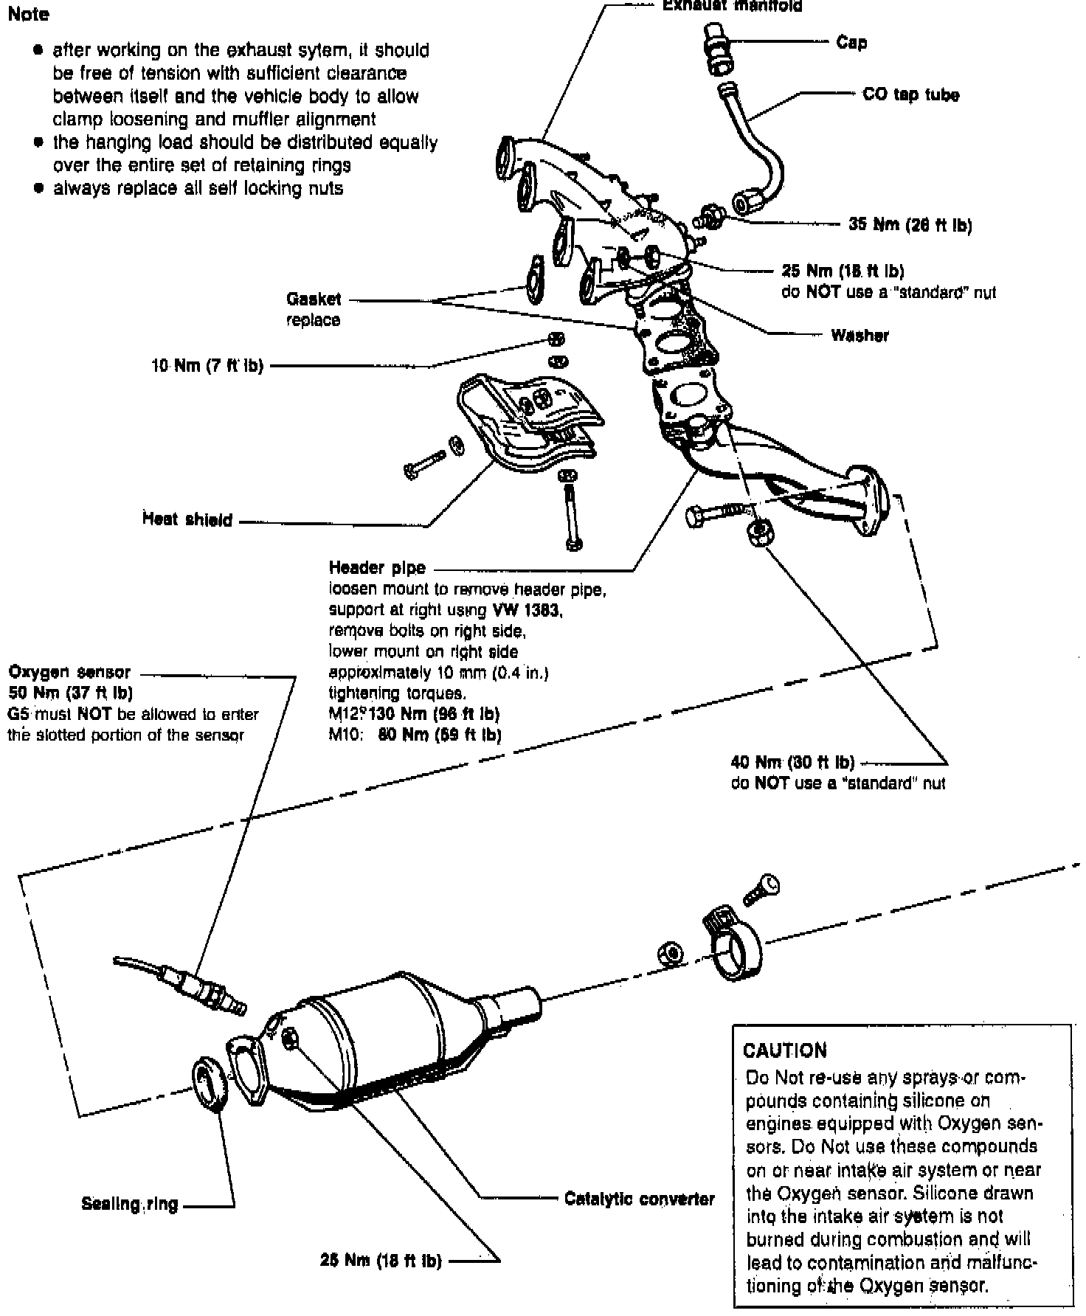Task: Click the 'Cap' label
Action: (851, 43)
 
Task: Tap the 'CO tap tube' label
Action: (910, 95)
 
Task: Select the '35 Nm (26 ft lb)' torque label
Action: (910, 225)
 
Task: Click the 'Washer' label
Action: (860, 336)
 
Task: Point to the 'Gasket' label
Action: (314, 299)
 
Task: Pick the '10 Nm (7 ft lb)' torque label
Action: (207, 365)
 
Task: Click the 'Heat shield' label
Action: (187, 520)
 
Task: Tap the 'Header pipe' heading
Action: (377, 568)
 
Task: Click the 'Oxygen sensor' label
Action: (69, 672)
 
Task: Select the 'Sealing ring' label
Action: (130, 1204)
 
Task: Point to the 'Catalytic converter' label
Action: (639, 1198)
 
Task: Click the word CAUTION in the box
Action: (785, 1050)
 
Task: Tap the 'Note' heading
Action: (28, 14)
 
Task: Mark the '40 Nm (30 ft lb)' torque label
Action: (792, 762)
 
